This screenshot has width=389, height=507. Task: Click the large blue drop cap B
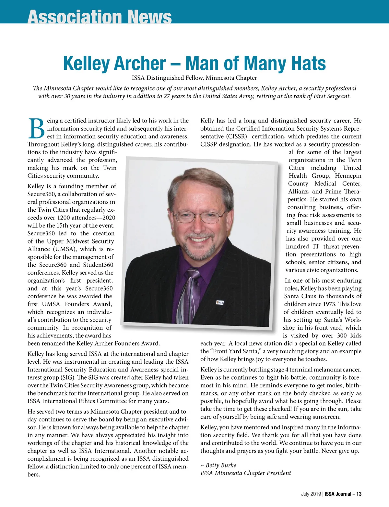(36, 128)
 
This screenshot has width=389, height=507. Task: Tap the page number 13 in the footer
(359, 494)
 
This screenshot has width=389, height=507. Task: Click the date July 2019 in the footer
(311, 494)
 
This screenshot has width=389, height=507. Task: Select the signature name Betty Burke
(221, 465)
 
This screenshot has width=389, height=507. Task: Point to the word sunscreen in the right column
(328, 417)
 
